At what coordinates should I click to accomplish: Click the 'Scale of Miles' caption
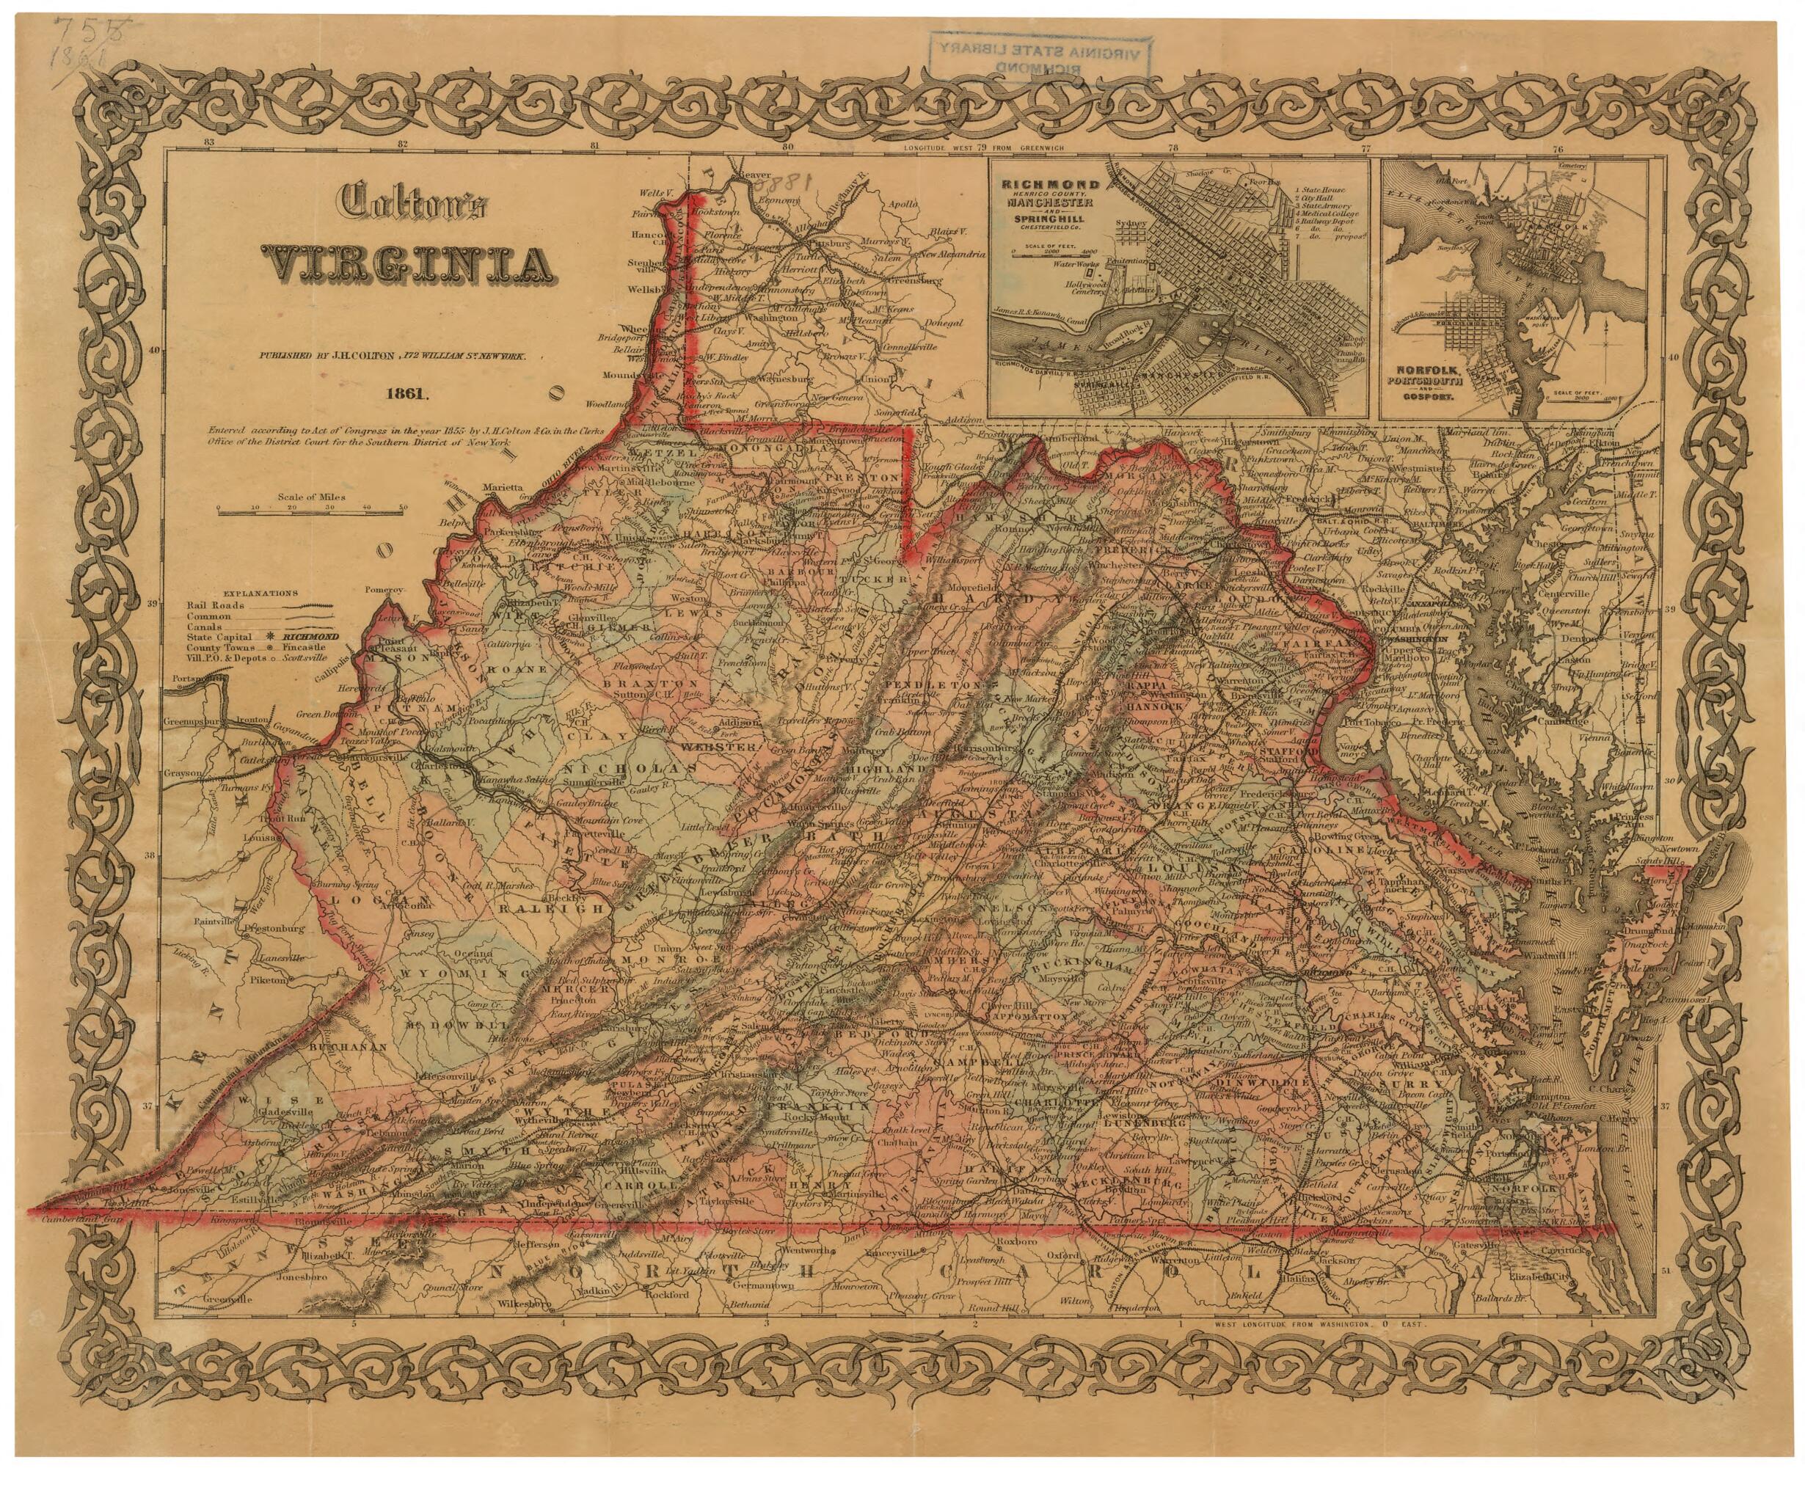coord(312,497)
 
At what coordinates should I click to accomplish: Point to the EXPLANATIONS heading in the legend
coord(260,593)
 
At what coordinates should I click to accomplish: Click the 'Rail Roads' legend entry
coord(216,605)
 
